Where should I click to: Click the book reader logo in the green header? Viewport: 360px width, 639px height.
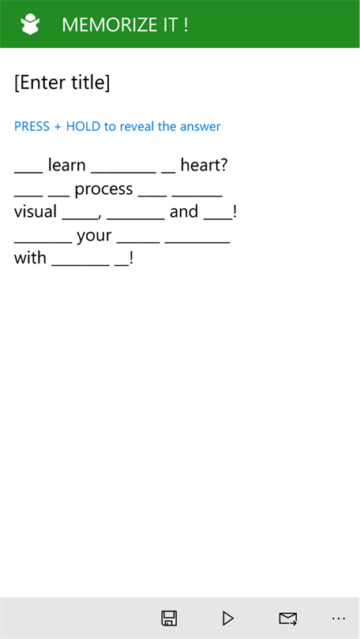pyautogui.click(x=30, y=24)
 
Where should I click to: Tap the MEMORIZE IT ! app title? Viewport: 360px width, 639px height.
pyautogui.click(x=125, y=25)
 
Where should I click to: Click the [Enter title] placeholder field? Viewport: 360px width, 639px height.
pyautogui.click(x=62, y=83)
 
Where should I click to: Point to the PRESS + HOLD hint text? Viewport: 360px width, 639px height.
pyautogui.click(x=118, y=126)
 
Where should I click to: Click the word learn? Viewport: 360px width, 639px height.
pyautogui.click(x=67, y=165)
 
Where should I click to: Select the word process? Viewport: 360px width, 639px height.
pyautogui.click(x=104, y=189)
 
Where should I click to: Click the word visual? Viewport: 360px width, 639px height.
pyautogui.click(x=36, y=211)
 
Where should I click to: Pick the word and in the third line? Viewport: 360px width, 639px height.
pyautogui.click(x=184, y=211)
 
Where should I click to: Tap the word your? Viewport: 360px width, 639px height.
pyautogui.click(x=94, y=236)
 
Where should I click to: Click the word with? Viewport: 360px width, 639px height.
pyautogui.click(x=30, y=258)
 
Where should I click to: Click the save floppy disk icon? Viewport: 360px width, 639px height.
pyautogui.click(x=169, y=618)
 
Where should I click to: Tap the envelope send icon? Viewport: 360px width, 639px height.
pyautogui.click(x=288, y=618)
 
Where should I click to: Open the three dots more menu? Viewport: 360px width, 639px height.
pyautogui.click(x=339, y=618)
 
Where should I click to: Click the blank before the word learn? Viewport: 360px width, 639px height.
pyautogui.click(x=28, y=173)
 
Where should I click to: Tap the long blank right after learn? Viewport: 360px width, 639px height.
pyautogui.click(x=123, y=173)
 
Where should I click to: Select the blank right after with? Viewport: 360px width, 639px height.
pyautogui.click(x=81, y=265)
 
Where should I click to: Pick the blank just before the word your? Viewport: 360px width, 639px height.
pyautogui.click(x=43, y=243)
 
